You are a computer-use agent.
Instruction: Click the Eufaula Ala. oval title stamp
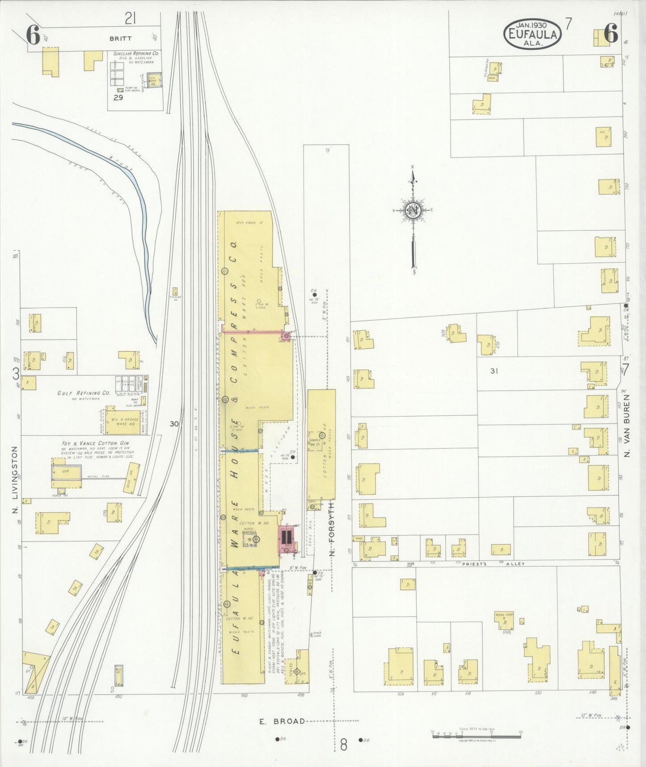pos(532,34)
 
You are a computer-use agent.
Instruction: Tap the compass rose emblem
pos(413,210)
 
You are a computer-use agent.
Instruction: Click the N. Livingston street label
pos(15,479)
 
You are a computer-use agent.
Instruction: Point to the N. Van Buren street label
pos(627,426)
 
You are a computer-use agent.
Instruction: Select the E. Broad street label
pos(282,721)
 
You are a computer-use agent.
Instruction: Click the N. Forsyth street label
pos(332,528)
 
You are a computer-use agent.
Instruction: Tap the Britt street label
pos(121,39)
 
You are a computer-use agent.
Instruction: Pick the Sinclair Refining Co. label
pos(136,53)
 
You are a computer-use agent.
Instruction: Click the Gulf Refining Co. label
pos(84,393)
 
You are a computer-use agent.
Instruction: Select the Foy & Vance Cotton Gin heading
pos(96,443)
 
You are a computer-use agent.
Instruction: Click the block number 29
pos(118,98)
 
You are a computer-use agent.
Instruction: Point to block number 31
pos(494,371)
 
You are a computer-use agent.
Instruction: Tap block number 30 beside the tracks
pos(174,423)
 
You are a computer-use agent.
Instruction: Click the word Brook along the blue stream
pos(122,164)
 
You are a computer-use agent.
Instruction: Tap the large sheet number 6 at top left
pos(33,35)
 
